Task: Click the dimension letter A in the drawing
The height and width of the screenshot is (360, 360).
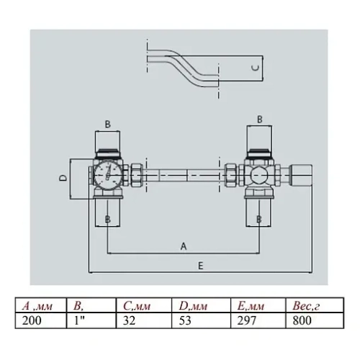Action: click(183, 246)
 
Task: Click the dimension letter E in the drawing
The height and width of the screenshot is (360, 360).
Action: click(199, 266)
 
